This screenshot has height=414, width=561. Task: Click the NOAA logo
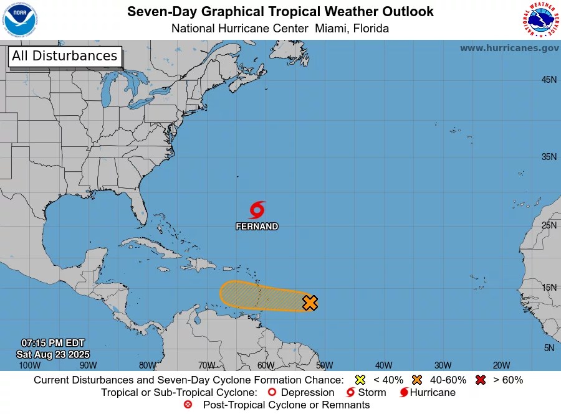tap(20, 20)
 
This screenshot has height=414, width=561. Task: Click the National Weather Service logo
tap(539, 20)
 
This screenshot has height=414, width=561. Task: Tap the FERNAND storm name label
tap(257, 227)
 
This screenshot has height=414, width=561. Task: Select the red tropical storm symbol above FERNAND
tap(257, 210)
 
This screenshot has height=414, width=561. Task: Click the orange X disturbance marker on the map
tap(310, 303)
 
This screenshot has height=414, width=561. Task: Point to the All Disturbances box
tap(64, 56)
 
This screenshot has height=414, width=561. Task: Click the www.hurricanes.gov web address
tap(509, 48)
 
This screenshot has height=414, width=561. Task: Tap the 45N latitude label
tap(549, 80)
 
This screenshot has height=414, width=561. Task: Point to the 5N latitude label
tap(549, 348)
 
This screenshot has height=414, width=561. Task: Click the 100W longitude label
tap(29, 365)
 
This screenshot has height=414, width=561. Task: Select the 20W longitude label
tap(502, 365)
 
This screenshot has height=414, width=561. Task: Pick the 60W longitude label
tap(265, 365)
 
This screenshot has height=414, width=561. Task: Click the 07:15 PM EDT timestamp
tap(52, 343)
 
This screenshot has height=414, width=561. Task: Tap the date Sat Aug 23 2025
tap(52, 354)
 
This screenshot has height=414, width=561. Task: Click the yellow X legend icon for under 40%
tap(360, 380)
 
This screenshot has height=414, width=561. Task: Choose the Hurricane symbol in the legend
tap(405, 393)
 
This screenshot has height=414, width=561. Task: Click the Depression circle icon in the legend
tap(271, 393)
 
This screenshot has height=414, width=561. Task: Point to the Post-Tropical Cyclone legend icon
tap(188, 405)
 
